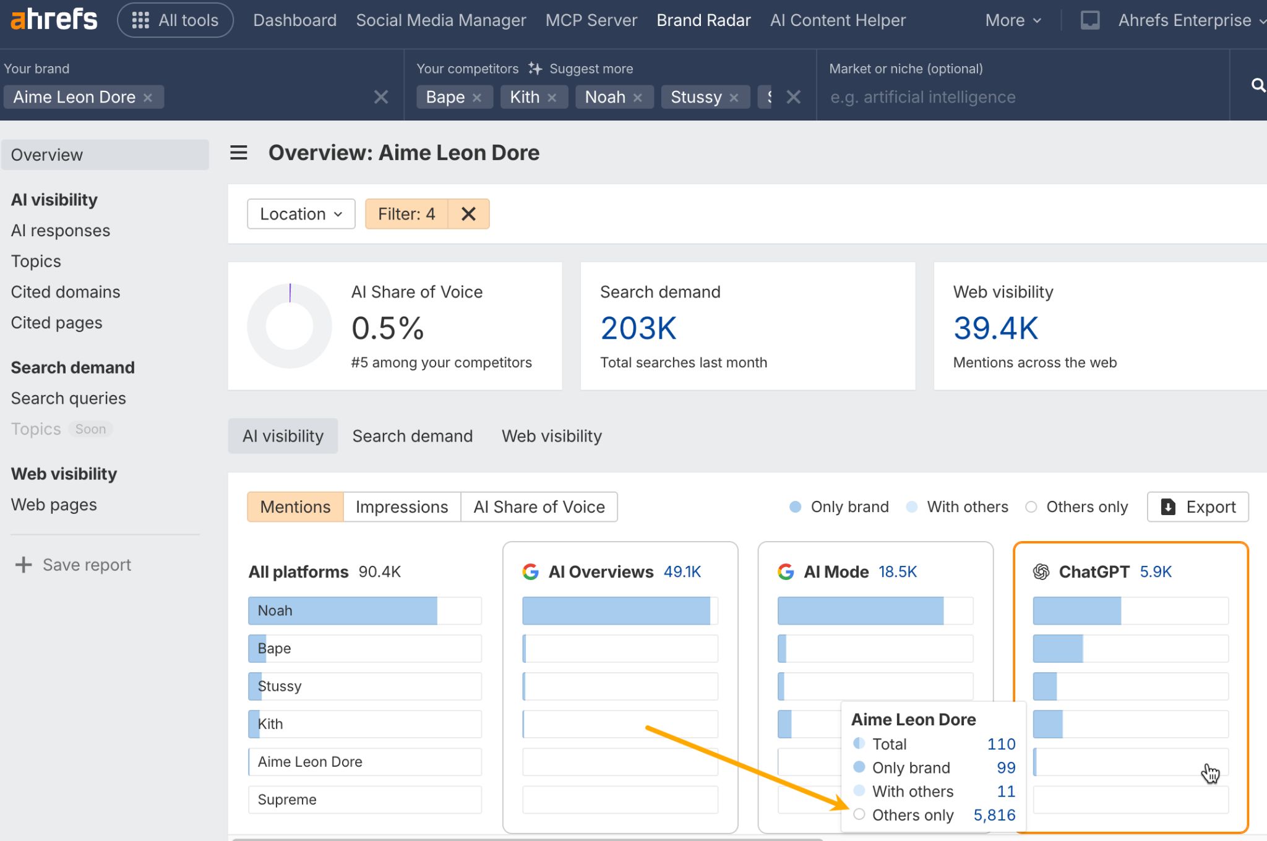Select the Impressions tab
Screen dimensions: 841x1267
pyautogui.click(x=402, y=507)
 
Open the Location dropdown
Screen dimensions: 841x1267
pyautogui.click(x=301, y=214)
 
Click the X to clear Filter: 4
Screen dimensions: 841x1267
pyautogui.click(x=468, y=214)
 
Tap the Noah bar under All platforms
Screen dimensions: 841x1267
pyautogui.click(x=343, y=610)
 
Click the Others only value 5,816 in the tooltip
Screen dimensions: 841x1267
pyautogui.click(x=994, y=815)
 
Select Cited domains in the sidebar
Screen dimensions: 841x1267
pyautogui.click(x=66, y=292)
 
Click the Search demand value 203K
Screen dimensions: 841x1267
pyautogui.click(x=638, y=328)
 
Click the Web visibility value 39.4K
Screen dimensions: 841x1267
pyautogui.click(x=995, y=328)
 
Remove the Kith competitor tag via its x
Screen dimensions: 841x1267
pyautogui.click(x=552, y=98)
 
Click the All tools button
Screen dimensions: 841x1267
pyautogui.click(x=175, y=20)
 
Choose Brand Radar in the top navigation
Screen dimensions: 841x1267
pyautogui.click(x=703, y=20)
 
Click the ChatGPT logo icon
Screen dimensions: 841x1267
pyautogui.click(x=1041, y=572)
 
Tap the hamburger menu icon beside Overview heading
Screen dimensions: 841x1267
pyautogui.click(x=239, y=153)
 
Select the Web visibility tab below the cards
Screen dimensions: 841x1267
pyautogui.click(x=551, y=436)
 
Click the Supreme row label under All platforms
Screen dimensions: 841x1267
pyautogui.click(x=287, y=800)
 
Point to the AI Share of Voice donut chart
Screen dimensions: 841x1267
pyautogui.click(x=290, y=326)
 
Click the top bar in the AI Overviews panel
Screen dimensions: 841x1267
pyautogui.click(x=616, y=610)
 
